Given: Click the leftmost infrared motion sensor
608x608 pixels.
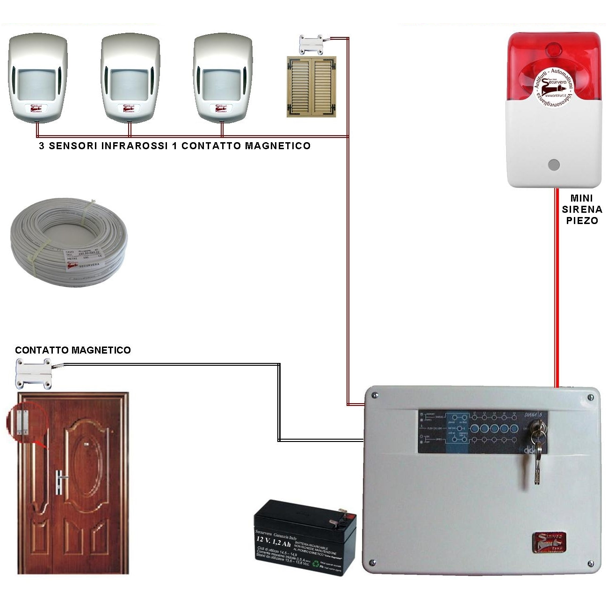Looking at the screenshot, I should click(37, 77).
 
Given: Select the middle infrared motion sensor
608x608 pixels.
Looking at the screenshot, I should click(130, 77).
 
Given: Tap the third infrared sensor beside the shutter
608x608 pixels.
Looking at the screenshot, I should click(223, 77).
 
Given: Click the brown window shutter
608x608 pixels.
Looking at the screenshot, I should click(311, 87).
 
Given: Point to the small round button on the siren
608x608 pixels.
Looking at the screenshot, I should click(554, 165).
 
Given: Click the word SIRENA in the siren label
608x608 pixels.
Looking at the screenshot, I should click(582, 210).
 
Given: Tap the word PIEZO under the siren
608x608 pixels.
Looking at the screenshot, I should click(582, 221).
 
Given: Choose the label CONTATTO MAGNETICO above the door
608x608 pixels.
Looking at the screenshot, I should click(73, 350).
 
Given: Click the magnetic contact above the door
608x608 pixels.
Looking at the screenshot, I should click(34, 373).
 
